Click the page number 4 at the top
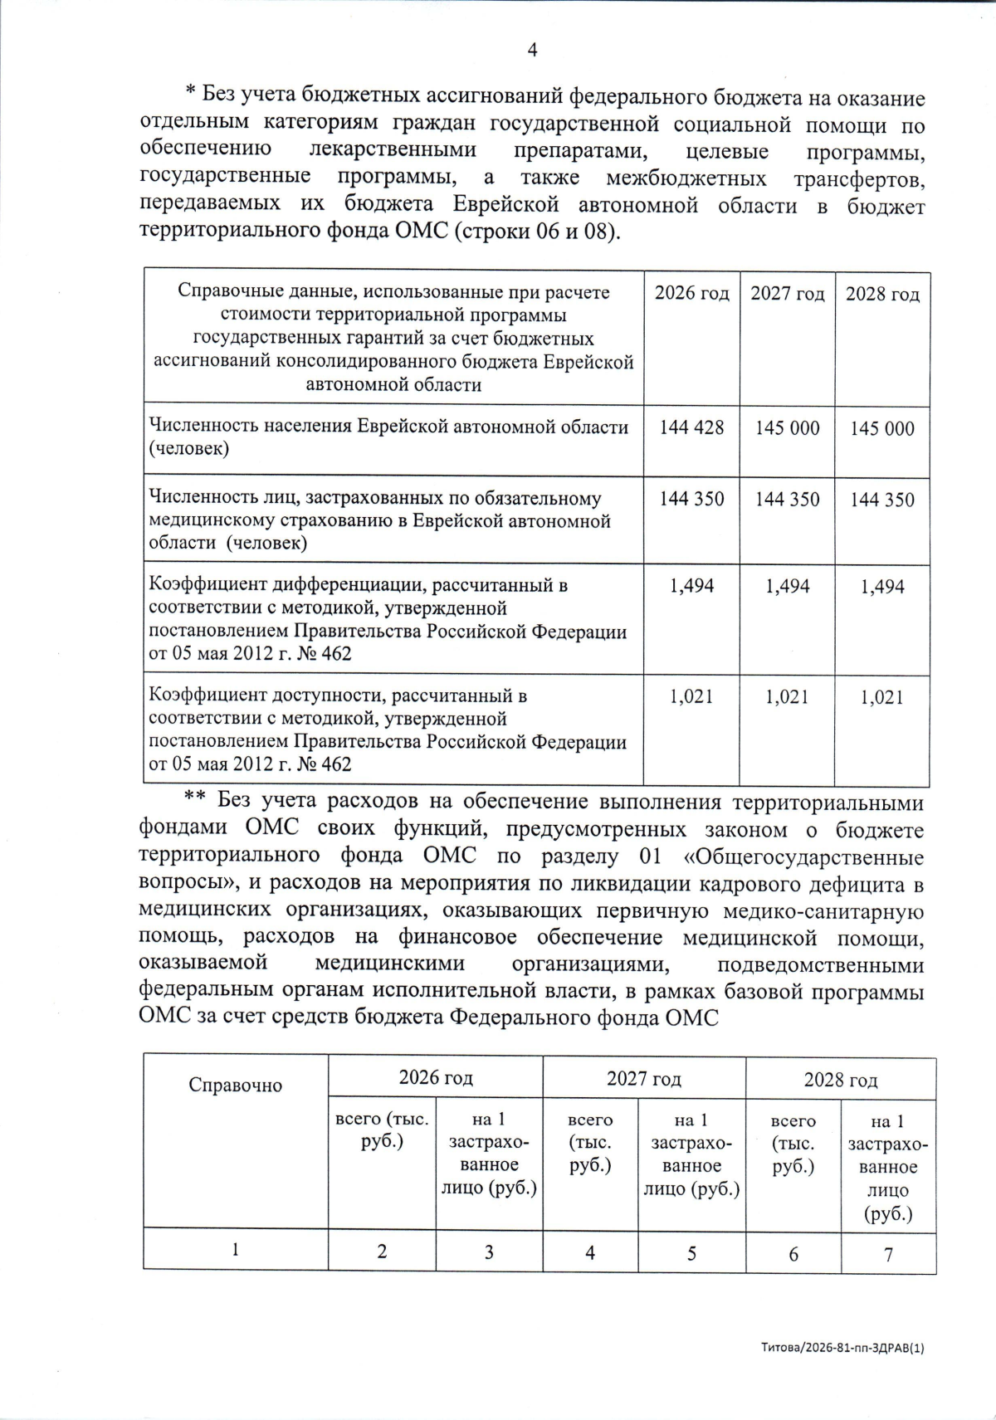(x=532, y=51)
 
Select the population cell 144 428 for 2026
(x=691, y=427)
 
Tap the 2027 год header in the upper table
(x=787, y=294)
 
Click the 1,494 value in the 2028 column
(x=881, y=587)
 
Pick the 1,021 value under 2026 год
(x=691, y=697)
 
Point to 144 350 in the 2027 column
(x=787, y=499)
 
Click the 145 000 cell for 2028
(x=881, y=428)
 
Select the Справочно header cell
(x=235, y=1086)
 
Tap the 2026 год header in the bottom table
(x=436, y=1078)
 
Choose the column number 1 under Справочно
(x=236, y=1250)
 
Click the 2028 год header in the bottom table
(x=840, y=1080)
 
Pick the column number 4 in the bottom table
(x=589, y=1253)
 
